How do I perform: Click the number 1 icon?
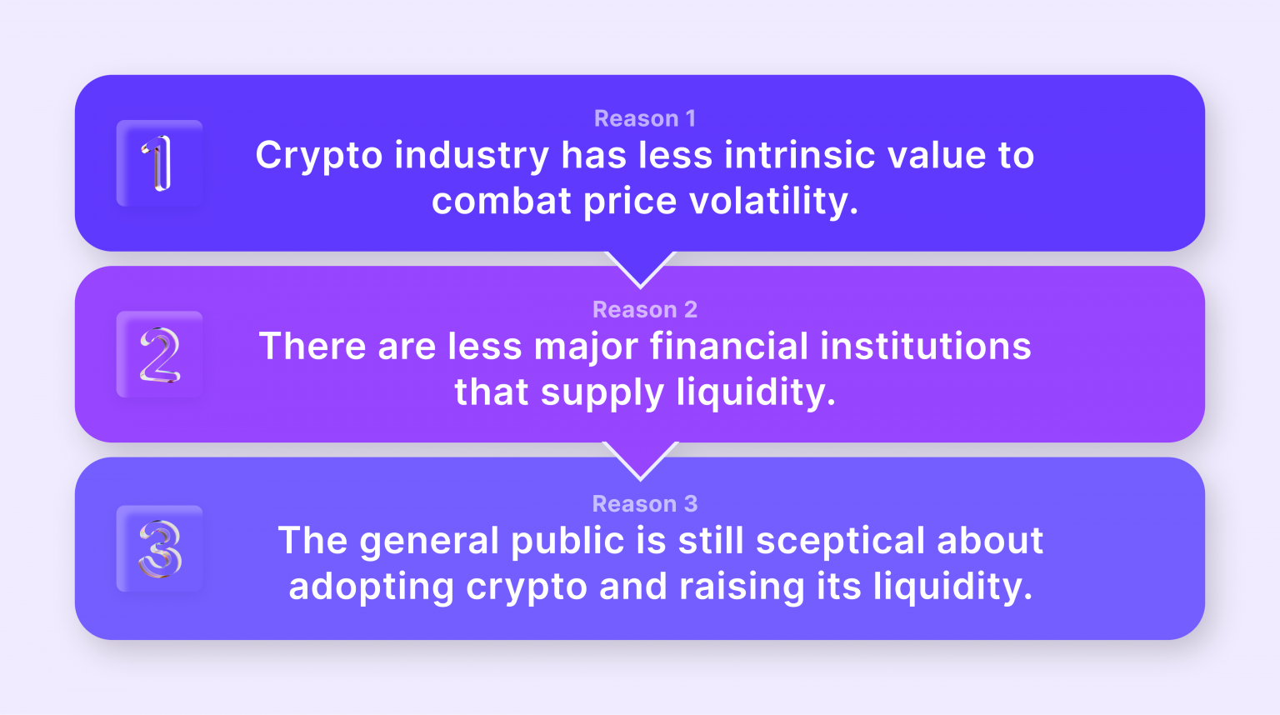point(159,163)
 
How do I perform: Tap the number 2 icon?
point(159,354)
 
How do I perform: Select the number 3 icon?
point(159,548)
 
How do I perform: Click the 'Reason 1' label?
point(644,118)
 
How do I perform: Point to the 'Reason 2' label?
point(644,309)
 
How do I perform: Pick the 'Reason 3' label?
point(644,503)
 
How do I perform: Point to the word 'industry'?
point(472,157)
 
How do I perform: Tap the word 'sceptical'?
point(841,541)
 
